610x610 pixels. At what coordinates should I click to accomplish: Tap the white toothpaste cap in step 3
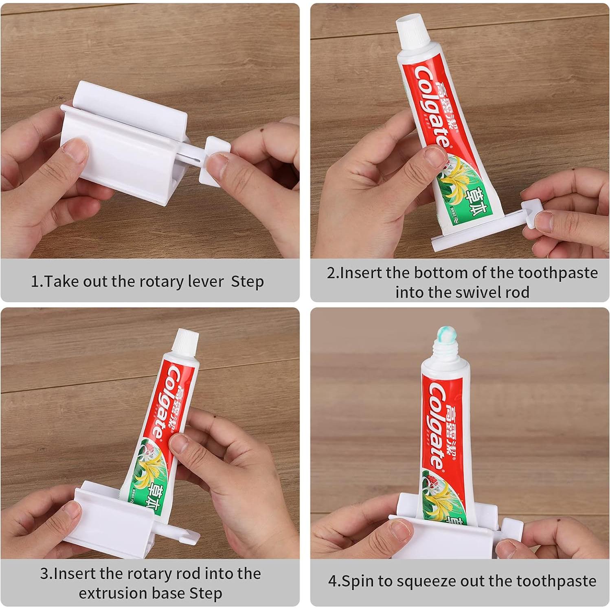tap(186, 340)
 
